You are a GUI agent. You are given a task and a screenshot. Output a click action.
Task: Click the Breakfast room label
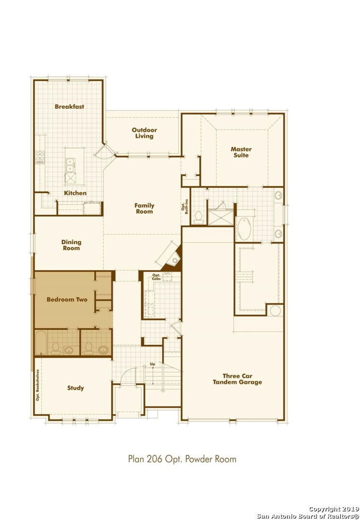[x=69, y=106]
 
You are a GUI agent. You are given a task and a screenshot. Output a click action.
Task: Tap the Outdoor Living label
[x=144, y=133]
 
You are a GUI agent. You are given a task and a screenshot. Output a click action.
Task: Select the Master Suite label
[x=241, y=152]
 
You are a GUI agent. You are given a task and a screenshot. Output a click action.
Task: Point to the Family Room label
[x=144, y=208]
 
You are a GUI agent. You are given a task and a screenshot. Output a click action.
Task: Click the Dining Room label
[x=71, y=245]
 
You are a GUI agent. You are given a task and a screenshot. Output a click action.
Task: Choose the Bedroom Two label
[x=67, y=299]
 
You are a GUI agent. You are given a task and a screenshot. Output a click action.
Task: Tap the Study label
[x=76, y=388]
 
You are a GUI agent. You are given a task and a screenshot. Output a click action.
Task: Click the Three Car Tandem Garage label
[x=237, y=379]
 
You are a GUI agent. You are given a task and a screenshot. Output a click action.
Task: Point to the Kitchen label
[x=75, y=193]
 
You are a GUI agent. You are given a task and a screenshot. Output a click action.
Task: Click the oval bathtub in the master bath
[x=244, y=229]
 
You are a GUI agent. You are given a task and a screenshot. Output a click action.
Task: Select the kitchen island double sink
[x=70, y=165]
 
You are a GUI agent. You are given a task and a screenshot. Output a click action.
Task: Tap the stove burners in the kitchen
[x=40, y=157]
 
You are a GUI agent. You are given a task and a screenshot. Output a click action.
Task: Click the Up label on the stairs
[x=152, y=364]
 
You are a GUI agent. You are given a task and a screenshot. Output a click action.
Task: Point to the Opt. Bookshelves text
[x=38, y=385]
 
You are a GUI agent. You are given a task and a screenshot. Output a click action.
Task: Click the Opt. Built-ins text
[x=185, y=206]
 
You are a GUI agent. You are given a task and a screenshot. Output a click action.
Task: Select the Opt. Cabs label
[x=156, y=277]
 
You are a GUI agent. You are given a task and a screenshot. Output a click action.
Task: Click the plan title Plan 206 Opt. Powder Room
[x=182, y=459]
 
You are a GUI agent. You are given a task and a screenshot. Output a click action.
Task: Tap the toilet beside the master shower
[x=199, y=217]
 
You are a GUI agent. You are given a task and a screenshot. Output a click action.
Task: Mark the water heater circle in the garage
[x=275, y=311]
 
